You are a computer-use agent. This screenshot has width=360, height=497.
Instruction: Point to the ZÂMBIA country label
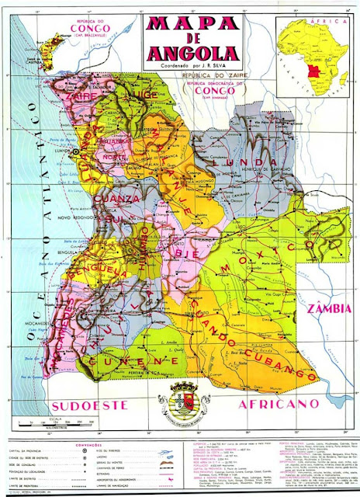(x=328, y=310)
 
